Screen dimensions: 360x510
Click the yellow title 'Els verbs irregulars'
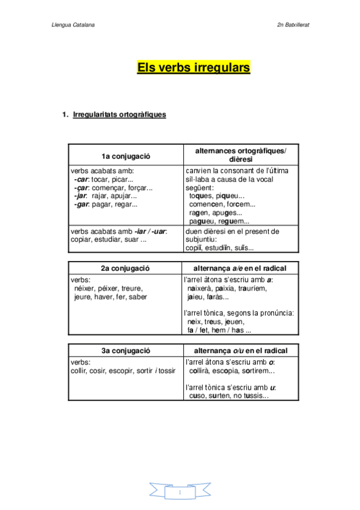click(x=194, y=67)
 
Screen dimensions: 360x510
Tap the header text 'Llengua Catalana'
click(x=73, y=25)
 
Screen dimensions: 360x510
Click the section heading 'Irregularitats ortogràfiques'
click(x=119, y=114)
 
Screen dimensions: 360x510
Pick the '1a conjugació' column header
click(x=126, y=156)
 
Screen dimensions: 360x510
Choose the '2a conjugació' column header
click(x=124, y=268)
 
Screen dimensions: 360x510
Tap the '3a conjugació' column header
click(x=124, y=351)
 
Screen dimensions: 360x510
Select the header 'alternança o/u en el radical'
click(x=240, y=351)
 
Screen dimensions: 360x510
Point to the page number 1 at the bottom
click(x=179, y=493)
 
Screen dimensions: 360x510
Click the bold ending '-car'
click(x=81, y=179)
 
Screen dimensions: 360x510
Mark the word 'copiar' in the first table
click(x=81, y=240)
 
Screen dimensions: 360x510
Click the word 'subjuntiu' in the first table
click(x=200, y=240)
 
